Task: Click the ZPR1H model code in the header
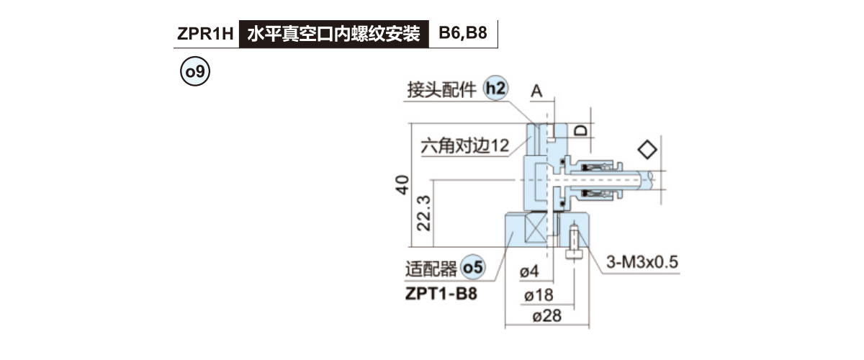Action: coord(205,34)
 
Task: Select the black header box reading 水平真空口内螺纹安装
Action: coord(333,34)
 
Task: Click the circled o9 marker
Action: coord(194,73)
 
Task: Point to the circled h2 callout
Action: coord(495,89)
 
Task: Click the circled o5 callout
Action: coord(473,268)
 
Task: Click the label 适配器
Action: coord(431,269)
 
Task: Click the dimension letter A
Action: coord(536,91)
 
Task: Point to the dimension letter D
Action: coord(581,130)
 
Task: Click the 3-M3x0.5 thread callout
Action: coord(643,261)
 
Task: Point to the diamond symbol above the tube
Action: coord(647,149)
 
